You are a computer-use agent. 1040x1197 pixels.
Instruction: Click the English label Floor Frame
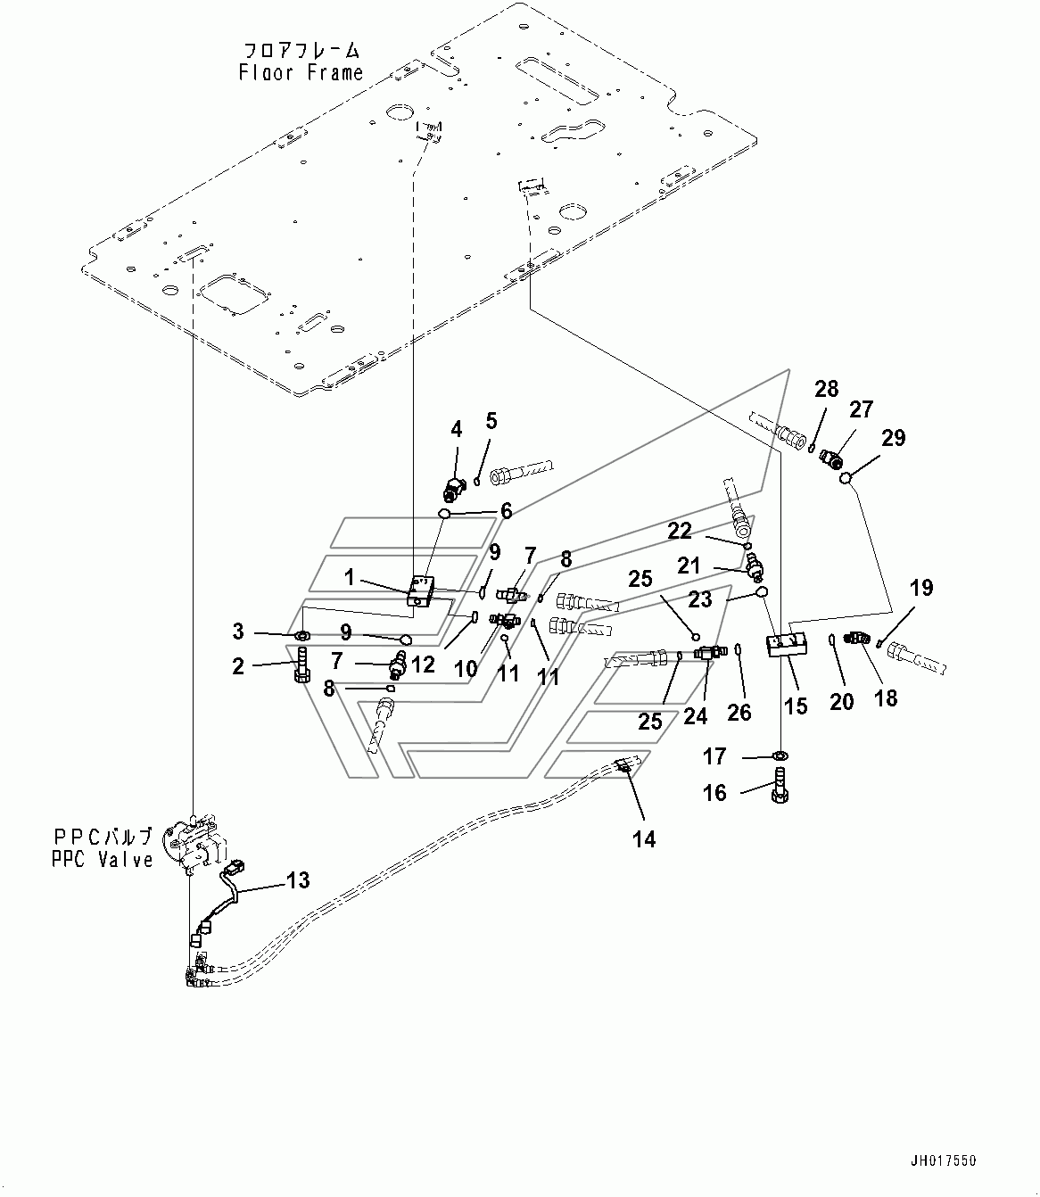pyautogui.click(x=301, y=73)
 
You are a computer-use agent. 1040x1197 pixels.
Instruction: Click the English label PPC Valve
pyautogui.click(x=103, y=861)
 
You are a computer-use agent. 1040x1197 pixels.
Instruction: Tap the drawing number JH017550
pyautogui.click(x=944, y=1160)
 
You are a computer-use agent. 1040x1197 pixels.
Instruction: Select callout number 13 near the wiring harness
pyautogui.click(x=298, y=880)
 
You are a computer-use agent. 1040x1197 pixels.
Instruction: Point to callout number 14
pyautogui.click(x=644, y=838)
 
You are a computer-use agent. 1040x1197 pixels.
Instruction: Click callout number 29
pyautogui.click(x=893, y=437)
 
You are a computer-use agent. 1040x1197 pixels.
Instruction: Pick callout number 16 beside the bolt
pyautogui.click(x=714, y=792)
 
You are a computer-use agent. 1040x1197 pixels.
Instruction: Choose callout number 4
pyautogui.click(x=457, y=429)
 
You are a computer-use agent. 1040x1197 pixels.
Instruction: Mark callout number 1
pyautogui.click(x=350, y=578)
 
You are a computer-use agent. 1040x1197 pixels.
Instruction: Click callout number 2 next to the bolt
pyautogui.click(x=237, y=666)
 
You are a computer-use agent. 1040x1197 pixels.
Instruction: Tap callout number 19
pyautogui.click(x=921, y=588)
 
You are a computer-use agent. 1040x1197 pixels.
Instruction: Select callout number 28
pyautogui.click(x=827, y=388)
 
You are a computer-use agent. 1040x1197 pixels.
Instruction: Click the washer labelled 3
pyautogui.click(x=301, y=635)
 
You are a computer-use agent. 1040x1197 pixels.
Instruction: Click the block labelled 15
pyautogui.click(x=786, y=644)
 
